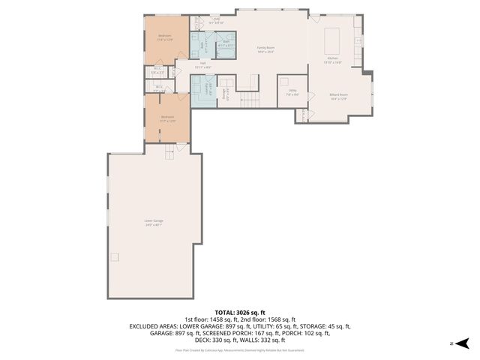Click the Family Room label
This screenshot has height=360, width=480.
260,49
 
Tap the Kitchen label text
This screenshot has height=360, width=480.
333,60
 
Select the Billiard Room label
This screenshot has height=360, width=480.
338,96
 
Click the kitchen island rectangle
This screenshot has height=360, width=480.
334,37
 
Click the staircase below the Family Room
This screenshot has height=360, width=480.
249,100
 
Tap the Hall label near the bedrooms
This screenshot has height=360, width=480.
202,65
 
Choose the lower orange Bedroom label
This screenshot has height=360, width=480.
167,118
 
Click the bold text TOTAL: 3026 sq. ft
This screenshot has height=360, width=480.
240,312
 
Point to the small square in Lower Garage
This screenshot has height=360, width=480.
115,257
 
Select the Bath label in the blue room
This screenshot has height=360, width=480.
225,43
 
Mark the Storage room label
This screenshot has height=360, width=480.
223,94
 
